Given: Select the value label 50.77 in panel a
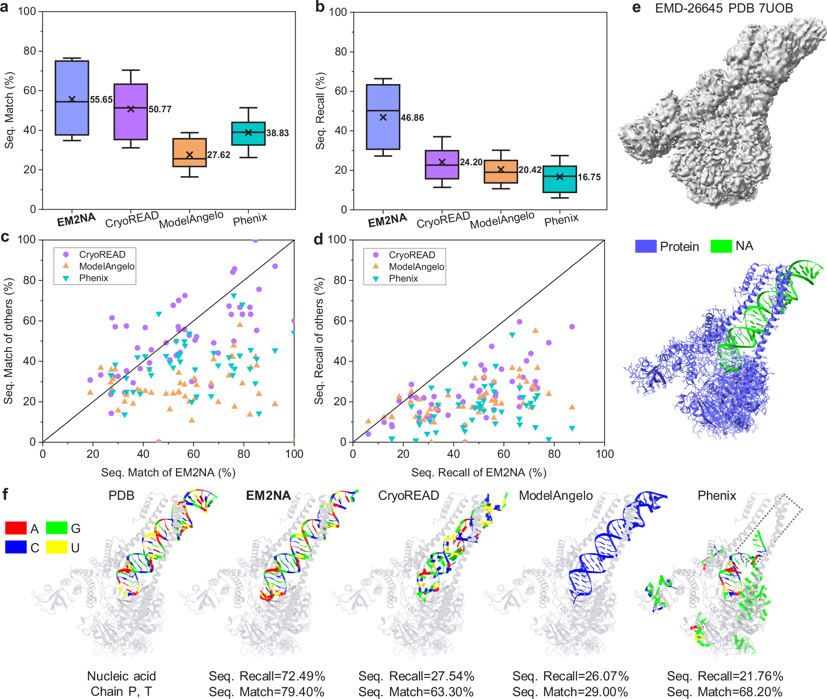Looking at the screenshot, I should click(x=160, y=109).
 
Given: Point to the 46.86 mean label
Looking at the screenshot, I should click(x=412, y=118).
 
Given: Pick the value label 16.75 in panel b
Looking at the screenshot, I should click(x=589, y=177).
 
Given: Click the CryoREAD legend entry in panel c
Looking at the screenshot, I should click(x=102, y=255).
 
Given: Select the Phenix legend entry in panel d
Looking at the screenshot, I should click(x=403, y=278).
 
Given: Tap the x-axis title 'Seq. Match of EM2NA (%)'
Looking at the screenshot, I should click(x=168, y=472).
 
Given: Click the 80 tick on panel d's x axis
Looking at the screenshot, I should click(x=554, y=454).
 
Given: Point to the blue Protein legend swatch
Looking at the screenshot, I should click(x=645, y=246).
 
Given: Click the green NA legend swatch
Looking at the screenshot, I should click(x=721, y=246).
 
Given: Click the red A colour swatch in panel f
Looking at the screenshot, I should click(x=16, y=528).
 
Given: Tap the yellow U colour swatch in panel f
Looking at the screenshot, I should click(x=56, y=547).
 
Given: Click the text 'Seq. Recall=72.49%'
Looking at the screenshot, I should click(x=267, y=676).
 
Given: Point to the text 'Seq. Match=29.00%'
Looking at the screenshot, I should click(x=570, y=692).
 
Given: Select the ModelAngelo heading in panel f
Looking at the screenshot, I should click(x=556, y=495).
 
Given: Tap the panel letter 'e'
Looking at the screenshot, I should click(x=636, y=8).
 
